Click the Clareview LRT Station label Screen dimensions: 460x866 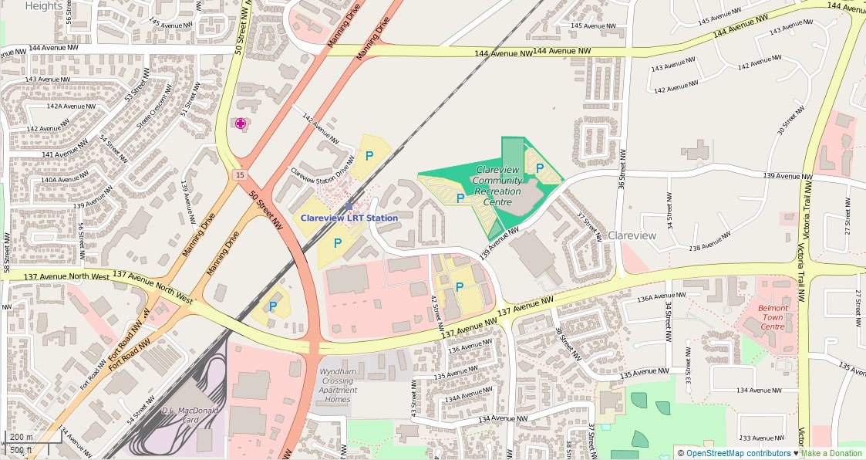pos(349,218)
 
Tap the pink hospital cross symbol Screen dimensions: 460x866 pos(241,123)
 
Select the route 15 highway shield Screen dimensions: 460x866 pos(240,176)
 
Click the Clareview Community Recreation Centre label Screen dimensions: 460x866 pos(497,185)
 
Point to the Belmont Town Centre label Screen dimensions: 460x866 pos(773,317)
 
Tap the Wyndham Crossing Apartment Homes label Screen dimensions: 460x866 pos(338,385)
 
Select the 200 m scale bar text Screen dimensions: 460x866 pos(21,437)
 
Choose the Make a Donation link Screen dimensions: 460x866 pos(831,453)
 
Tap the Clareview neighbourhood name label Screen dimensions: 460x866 pos(632,235)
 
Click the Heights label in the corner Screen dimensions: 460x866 pos(44,6)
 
